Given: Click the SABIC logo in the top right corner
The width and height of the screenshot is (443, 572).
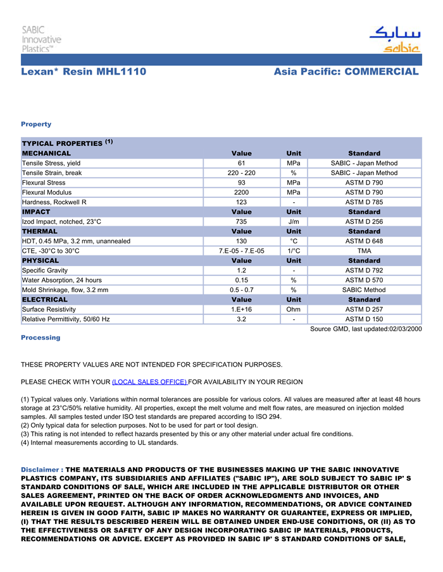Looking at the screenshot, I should click(x=394, y=39).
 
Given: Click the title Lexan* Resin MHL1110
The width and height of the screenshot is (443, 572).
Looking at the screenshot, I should click(x=84, y=72).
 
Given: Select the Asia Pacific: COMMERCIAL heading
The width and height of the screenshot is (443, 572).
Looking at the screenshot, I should click(x=346, y=72).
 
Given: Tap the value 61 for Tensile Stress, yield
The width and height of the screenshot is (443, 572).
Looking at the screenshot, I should click(x=241, y=163).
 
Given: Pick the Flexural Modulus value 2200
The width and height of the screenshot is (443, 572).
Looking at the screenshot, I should click(x=241, y=192).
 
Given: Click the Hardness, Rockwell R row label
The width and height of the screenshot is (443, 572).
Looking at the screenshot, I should click(x=54, y=202).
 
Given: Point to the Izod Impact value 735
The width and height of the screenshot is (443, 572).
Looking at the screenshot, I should click(x=241, y=222).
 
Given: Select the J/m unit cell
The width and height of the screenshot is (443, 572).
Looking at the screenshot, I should click(x=294, y=222).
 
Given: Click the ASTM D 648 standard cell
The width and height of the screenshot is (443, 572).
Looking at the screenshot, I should click(x=364, y=241).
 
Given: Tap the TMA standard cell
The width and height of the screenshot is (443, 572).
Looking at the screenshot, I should click(x=364, y=251).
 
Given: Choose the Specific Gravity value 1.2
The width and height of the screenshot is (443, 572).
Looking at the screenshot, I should click(x=241, y=271).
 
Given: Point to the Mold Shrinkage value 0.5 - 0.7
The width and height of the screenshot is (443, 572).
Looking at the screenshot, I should click(x=241, y=290).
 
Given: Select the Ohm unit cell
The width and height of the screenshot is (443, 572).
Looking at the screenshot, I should click(x=294, y=310).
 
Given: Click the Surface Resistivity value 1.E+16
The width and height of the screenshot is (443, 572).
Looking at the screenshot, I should click(x=241, y=310).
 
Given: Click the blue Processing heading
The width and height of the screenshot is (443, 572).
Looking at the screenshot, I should click(x=41, y=338).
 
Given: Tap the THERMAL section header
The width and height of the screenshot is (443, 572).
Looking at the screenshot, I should click(x=41, y=231).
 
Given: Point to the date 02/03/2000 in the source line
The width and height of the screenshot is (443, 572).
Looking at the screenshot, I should click(x=403, y=329).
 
